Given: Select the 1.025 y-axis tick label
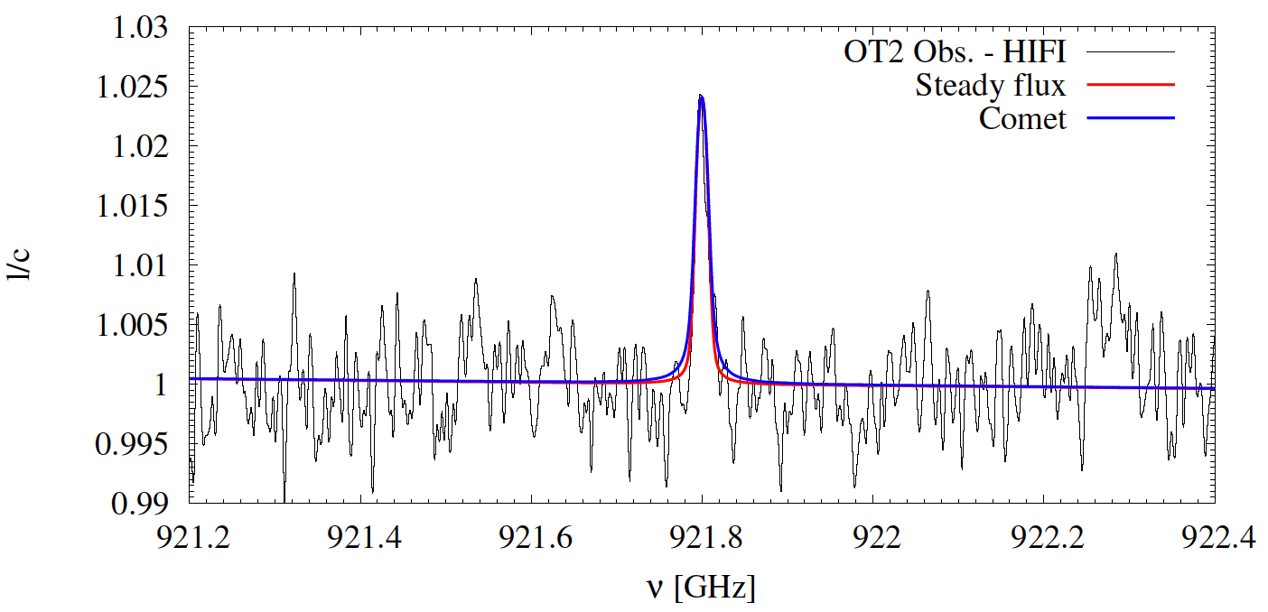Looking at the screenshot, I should point(133,88).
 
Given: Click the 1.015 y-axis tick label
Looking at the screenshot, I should point(133,206).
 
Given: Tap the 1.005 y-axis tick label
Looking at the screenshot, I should point(133,324).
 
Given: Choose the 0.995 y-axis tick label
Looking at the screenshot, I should point(133,443).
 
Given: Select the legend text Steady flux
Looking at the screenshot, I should point(990,86).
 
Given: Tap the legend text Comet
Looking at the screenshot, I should point(1022,118).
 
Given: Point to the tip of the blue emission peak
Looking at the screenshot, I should point(701,95).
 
